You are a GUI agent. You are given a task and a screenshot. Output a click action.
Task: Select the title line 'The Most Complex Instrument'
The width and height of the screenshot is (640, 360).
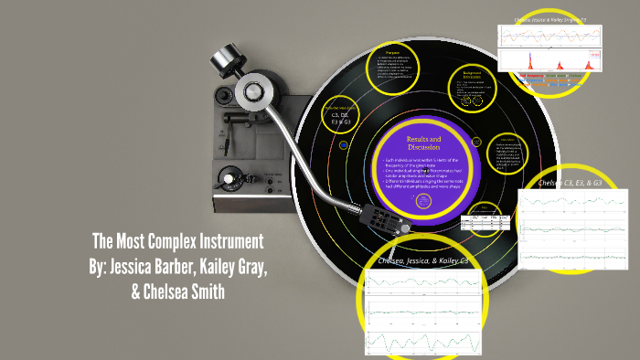pyautogui.click(x=178, y=243)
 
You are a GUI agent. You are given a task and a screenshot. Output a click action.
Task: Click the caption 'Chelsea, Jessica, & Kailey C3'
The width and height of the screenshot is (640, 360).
pyautogui.click(x=422, y=262)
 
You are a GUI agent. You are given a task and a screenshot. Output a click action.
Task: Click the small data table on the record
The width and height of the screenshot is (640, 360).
pyautogui.click(x=484, y=222)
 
